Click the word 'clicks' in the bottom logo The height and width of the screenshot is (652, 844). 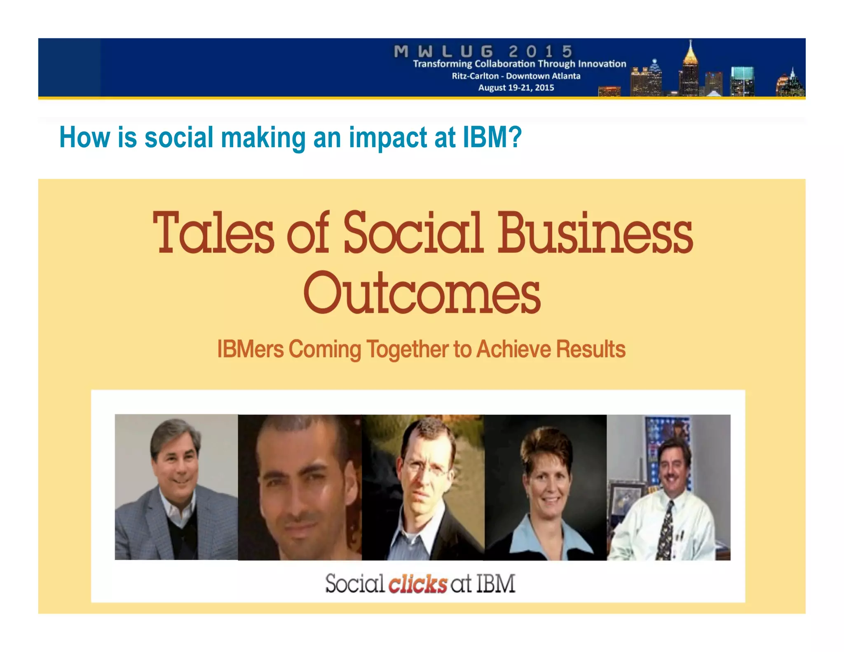417,584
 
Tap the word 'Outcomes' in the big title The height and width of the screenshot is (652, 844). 422,293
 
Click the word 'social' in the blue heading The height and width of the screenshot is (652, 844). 179,137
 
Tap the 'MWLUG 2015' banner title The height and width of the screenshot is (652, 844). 483,52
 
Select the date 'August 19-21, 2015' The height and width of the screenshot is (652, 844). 516,87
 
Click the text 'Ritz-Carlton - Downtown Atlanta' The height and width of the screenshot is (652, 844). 516,76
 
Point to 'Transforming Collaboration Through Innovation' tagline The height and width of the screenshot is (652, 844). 519,64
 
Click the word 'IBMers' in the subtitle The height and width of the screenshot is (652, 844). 250,349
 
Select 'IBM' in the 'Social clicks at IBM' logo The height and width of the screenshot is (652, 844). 496,584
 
